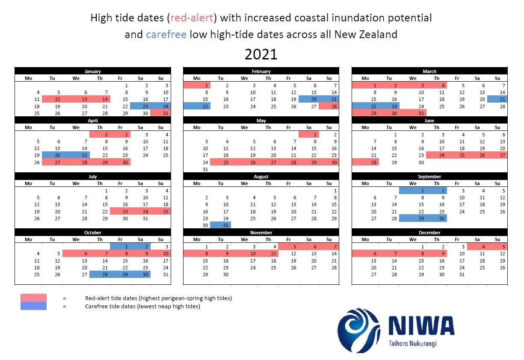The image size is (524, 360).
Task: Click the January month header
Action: [x=93, y=71]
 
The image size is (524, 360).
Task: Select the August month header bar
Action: [x=261, y=177]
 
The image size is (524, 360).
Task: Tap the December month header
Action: [x=429, y=233]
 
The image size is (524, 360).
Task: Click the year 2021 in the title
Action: [x=261, y=54]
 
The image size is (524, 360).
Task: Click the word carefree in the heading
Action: [x=166, y=34]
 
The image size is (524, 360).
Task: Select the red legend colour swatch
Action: [x=33, y=298]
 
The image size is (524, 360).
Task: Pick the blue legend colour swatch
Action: [x=33, y=306]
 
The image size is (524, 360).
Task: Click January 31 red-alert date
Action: [x=160, y=113]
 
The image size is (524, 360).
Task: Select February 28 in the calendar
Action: [x=329, y=106]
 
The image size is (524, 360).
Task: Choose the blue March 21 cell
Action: [x=497, y=99]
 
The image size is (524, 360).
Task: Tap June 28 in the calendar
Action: [x=365, y=162]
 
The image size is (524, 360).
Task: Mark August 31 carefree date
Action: [x=221, y=225]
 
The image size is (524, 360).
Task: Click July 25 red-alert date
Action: [x=160, y=211]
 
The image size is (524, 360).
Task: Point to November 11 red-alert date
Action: [x=269, y=254]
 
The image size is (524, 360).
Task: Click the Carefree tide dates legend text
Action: [x=142, y=306]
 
